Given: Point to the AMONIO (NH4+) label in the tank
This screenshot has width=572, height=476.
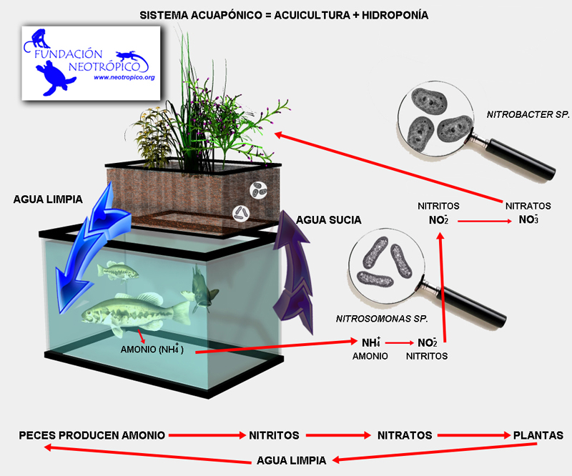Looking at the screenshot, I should click(157, 351).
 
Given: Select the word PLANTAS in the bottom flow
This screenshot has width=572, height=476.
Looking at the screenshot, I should click(538, 435).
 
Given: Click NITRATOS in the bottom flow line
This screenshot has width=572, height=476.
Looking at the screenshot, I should click(405, 435).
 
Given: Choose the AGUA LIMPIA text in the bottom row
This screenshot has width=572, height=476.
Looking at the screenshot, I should click(291, 460).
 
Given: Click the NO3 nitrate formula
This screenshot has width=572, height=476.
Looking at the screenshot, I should click(529, 219).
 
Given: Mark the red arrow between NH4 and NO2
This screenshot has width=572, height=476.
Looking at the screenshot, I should click(399, 342).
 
